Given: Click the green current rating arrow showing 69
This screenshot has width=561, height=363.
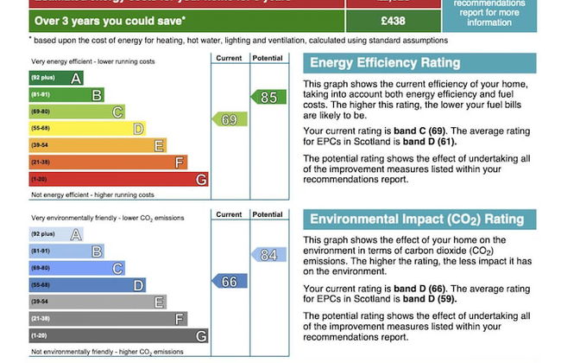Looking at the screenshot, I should [227, 120].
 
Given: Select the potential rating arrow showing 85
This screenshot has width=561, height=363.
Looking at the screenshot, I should [267, 98].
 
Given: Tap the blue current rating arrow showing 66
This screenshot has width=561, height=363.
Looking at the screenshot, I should [227, 282].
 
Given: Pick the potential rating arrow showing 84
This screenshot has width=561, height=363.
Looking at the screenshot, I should [267, 255].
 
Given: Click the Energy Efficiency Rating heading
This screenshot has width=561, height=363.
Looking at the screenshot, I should [385, 63].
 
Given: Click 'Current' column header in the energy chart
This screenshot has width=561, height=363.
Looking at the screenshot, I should [229, 58].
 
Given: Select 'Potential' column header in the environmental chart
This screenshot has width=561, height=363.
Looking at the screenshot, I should [268, 214].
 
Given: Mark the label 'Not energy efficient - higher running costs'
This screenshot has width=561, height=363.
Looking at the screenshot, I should [92, 194].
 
